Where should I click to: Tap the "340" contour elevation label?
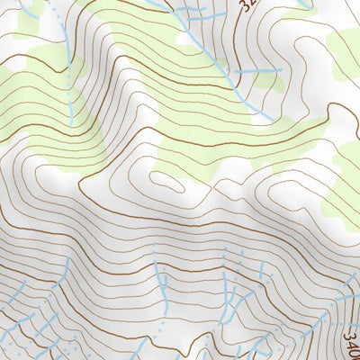352,343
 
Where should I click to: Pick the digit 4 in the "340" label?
352,344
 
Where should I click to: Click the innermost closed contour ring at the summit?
164,180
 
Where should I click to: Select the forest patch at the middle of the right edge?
346,180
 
